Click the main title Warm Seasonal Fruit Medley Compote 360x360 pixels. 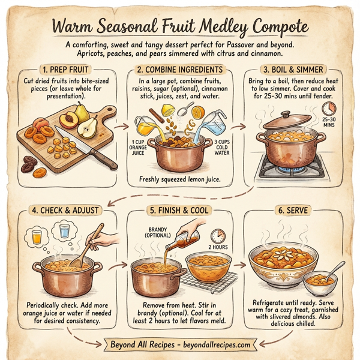click(180, 27)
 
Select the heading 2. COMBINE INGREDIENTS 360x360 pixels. click(180, 70)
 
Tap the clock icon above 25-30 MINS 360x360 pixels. click(329, 109)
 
